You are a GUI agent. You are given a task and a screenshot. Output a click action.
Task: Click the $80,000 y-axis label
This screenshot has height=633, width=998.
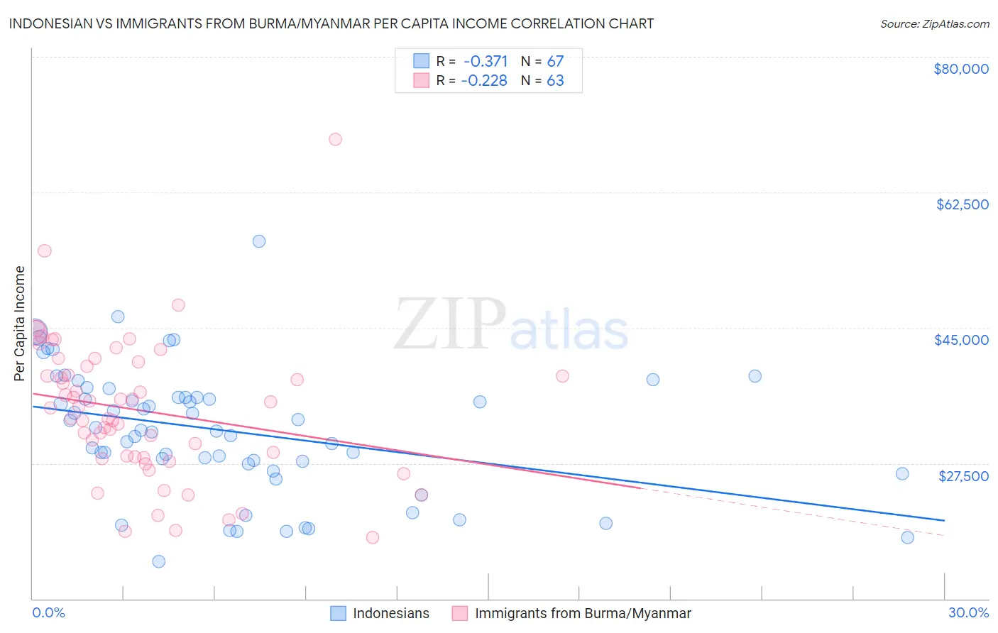pyautogui.click(x=960, y=69)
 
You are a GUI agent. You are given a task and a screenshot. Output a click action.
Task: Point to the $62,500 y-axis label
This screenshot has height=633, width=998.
pyautogui.click(x=962, y=204)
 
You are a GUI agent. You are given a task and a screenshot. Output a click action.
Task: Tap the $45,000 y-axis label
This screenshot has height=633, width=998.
pyautogui.click(x=961, y=340)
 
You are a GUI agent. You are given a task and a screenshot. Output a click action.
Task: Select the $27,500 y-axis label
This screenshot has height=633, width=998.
pyautogui.click(x=963, y=476)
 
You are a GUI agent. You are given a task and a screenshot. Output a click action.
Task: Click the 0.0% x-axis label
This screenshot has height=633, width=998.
pyautogui.click(x=48, y=612)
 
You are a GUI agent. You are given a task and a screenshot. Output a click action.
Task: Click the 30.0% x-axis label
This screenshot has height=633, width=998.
pyautogui.click(x=968, y=612)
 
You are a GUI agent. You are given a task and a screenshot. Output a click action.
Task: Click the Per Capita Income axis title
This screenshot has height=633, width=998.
pyautogui.click(x=20, y=323)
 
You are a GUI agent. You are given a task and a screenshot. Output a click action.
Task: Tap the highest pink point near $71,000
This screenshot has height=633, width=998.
pyautogui.click(x=335, y=139)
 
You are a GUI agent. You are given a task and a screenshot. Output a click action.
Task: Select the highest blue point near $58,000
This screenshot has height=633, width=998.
pyautogui.click(x=259, y=241)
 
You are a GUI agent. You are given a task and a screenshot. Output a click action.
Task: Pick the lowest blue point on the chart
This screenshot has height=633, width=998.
pyautogui.click(x=159, y=561)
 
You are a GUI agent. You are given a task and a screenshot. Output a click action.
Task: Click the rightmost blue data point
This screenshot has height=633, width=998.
pyautogui.click(x=907, y=537)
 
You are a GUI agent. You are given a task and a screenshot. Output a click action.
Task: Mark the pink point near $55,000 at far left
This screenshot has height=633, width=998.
pyautogui.click(x=45, y=251)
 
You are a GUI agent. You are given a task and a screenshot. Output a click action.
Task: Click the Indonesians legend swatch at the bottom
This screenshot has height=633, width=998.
pyautogui.click(x=338, y=613)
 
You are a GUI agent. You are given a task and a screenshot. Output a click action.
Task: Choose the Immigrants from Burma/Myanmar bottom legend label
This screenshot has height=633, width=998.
pyautogui.click(x=583, y=613)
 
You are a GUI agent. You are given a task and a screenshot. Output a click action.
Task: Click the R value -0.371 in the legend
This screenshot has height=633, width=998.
pyautogui.click(x=486, y=61)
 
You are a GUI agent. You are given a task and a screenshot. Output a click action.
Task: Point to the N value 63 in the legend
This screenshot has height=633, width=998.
pyautogui.click(x=555, y=81)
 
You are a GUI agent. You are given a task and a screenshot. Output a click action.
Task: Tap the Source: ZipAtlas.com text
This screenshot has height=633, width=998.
pyautogui.click(x=934, y=23)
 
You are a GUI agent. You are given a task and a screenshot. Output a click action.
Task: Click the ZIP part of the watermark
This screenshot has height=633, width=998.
pyautogui.click(x=450, y=325)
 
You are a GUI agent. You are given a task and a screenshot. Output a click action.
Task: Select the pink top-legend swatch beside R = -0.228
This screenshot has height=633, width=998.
pyautogui.click(x=421, y=81)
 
